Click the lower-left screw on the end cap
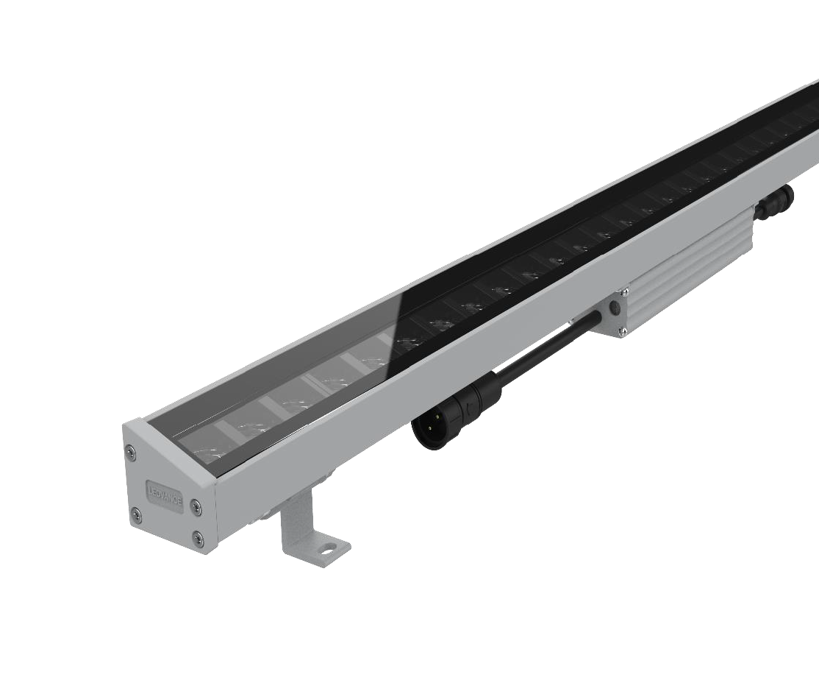pos(135,513)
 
